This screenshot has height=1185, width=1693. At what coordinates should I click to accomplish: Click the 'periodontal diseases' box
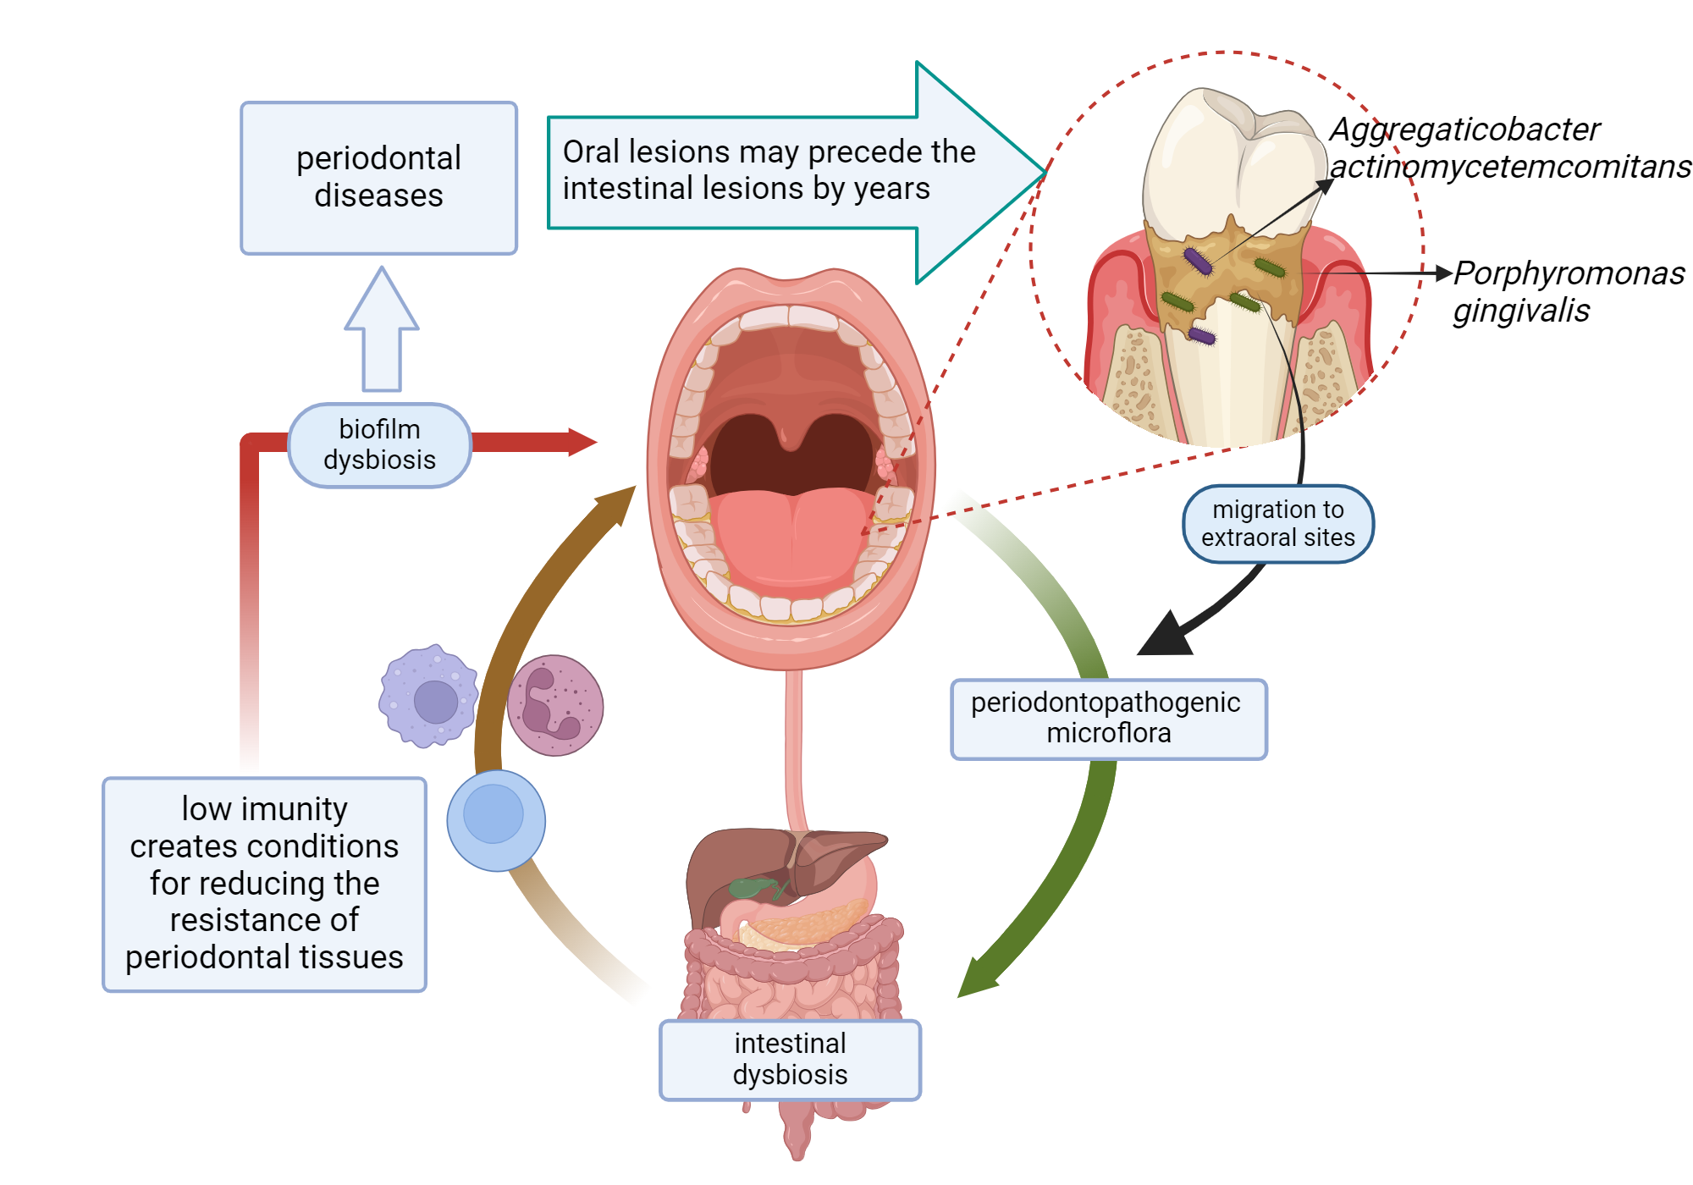[x=378, y=178]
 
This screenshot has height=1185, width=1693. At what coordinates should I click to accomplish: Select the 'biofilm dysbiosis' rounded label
[x=379, y=445]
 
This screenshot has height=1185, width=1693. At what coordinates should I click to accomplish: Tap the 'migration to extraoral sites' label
[x=1277, y=524]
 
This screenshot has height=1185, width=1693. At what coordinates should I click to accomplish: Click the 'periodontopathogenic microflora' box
[x=1108, y=719]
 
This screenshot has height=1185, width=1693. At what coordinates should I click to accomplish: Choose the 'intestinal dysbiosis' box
[x=789, y=1060]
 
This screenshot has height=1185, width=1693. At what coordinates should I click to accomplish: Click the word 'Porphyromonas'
[x=1569, y=273]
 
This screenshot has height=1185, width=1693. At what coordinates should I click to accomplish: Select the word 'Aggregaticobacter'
[x=1464, y=130]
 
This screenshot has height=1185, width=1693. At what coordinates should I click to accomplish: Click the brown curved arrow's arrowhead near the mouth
[x=620, y=502]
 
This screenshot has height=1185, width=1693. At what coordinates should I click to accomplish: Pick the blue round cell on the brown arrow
[x=496, y=820]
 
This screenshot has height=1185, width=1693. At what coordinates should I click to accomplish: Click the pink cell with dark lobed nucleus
[x=555, y=705]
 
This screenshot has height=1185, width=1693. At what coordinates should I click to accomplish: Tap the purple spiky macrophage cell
[x=429, y=697]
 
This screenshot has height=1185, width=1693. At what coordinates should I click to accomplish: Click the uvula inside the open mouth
[x=789, y=437]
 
